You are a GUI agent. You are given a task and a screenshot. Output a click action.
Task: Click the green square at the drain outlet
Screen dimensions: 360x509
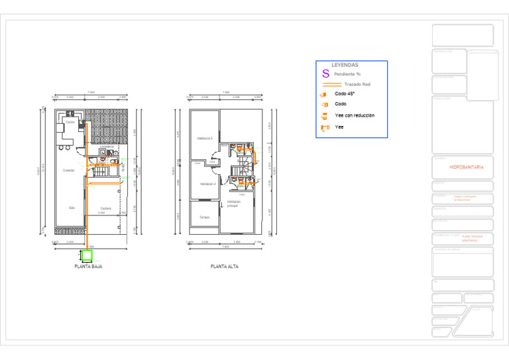pos(87,255)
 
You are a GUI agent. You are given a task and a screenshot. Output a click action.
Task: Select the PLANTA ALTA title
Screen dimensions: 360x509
pos(224,267)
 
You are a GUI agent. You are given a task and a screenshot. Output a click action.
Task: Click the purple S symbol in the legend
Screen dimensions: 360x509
pos(325,74)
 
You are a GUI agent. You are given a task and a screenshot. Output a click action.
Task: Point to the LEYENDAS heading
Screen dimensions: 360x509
pos(345,65)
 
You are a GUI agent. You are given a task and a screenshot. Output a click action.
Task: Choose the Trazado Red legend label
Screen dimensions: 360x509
pos(357,84)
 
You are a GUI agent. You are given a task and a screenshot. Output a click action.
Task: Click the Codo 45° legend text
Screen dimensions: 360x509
pos(345,93)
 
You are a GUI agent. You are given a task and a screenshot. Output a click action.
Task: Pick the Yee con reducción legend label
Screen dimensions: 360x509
pos(355,115)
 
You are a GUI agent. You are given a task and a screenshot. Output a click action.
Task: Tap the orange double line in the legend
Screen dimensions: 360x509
pos(331,84)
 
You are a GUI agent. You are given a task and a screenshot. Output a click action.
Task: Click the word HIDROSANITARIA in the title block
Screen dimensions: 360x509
pos(467,167)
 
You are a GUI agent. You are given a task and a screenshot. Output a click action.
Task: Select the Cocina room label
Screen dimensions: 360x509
pos(70,122)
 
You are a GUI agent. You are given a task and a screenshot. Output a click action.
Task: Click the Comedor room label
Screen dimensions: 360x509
pos(68,170)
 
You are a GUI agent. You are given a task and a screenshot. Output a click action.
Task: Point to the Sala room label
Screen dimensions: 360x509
pos(72,207)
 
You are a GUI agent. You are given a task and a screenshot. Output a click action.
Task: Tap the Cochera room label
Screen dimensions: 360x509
pos(105,208)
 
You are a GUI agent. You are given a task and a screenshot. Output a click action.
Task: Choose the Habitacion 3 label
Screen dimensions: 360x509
pos(205,139)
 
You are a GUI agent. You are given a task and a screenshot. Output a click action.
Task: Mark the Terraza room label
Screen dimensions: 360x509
pos(204,217)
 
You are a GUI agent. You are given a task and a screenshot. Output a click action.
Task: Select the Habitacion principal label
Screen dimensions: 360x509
pos(233,204)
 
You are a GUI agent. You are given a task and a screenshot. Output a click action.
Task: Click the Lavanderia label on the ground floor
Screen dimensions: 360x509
pos(107,147)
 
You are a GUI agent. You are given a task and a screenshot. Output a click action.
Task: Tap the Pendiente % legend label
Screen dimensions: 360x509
pos(347,74)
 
